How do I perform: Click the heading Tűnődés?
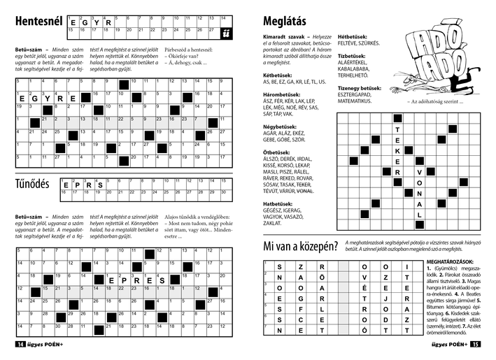[32, 185]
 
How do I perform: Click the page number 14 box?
[20, 344]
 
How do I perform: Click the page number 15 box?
[475, 344]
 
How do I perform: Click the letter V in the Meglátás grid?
[420, 172]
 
